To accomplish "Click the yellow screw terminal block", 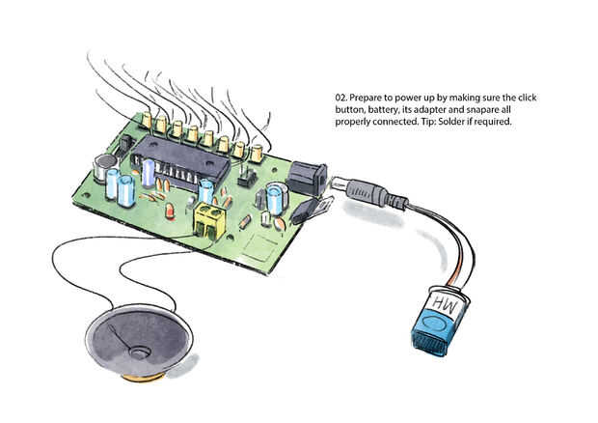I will (209, 219).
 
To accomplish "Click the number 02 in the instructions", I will (340, 99).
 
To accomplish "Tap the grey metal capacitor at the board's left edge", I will (101, 168).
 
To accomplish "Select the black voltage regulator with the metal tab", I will (309, 209).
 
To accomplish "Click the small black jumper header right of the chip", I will (245, 177).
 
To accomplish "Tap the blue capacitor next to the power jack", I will (276, 198).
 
